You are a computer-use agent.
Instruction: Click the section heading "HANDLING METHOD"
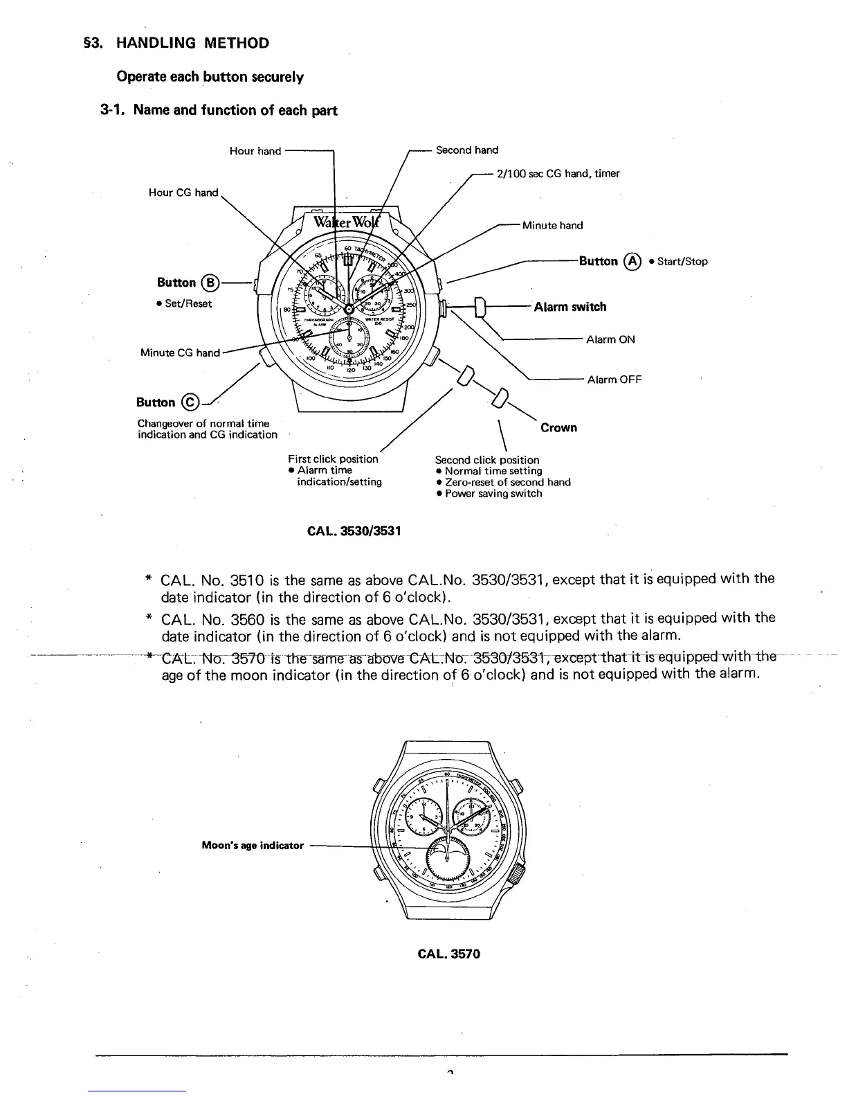coord(192,43)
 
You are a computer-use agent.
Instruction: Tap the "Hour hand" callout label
coord(255,151)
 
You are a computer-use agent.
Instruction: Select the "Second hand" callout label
coord(467,150)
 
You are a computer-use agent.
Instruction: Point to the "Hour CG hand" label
coord(183,193)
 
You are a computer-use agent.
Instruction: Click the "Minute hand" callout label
coord(552,225)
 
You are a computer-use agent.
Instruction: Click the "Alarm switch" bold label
coord(570,307)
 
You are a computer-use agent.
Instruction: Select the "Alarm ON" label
coord(610,339)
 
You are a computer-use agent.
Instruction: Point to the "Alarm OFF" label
coord(614,380)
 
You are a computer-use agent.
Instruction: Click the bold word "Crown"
coord(558,427)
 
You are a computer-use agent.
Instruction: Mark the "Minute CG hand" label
coord(180,353)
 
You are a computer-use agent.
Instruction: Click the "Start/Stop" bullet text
coord(682,262)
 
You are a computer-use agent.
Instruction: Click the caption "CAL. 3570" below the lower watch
coord(448,954)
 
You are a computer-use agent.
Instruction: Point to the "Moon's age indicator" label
coord(253,846)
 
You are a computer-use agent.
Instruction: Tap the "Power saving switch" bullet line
coord(493,494)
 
